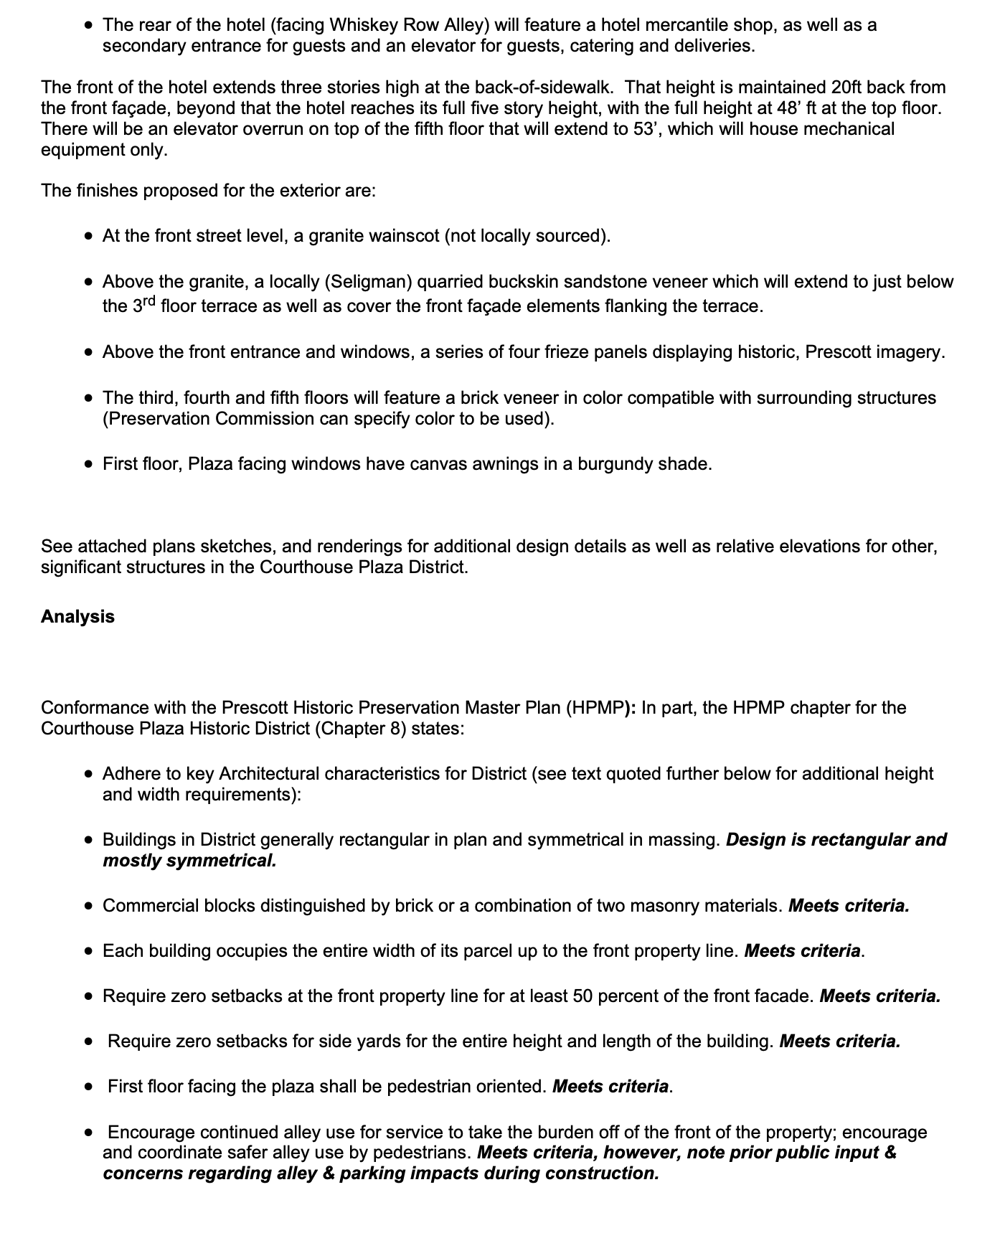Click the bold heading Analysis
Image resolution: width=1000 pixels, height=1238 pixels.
[77, 617]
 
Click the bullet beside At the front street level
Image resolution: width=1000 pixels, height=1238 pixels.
[88, 236]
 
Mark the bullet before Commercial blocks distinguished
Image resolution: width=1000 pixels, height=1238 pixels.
[88, 906]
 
